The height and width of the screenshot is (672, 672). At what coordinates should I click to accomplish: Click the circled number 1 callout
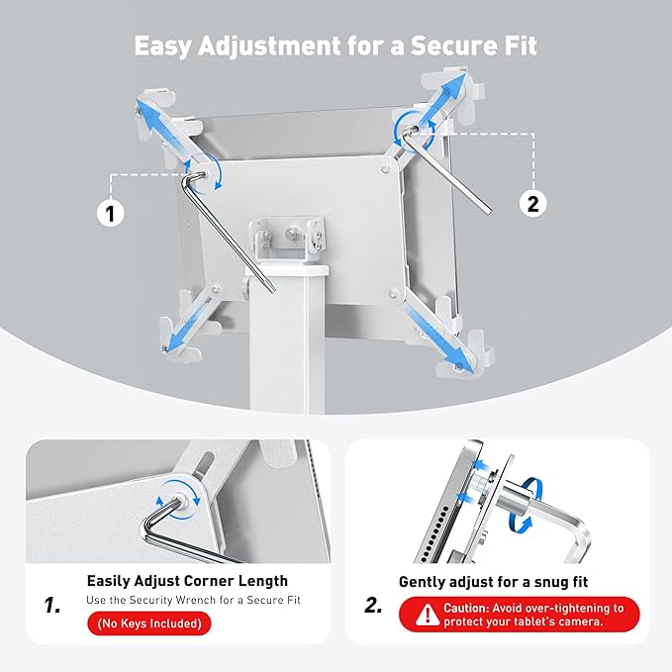click(111, 212)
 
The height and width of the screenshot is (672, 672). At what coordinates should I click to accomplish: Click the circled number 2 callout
click(533, 204)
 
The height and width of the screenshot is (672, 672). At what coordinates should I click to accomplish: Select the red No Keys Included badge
click(148, 624)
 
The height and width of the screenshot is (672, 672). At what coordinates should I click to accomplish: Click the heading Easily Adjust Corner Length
click(187, 581)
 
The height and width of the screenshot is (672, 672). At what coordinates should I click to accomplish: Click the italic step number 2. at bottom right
click(373, 605)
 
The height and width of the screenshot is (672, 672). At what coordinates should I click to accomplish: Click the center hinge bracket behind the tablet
click(288, 238)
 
